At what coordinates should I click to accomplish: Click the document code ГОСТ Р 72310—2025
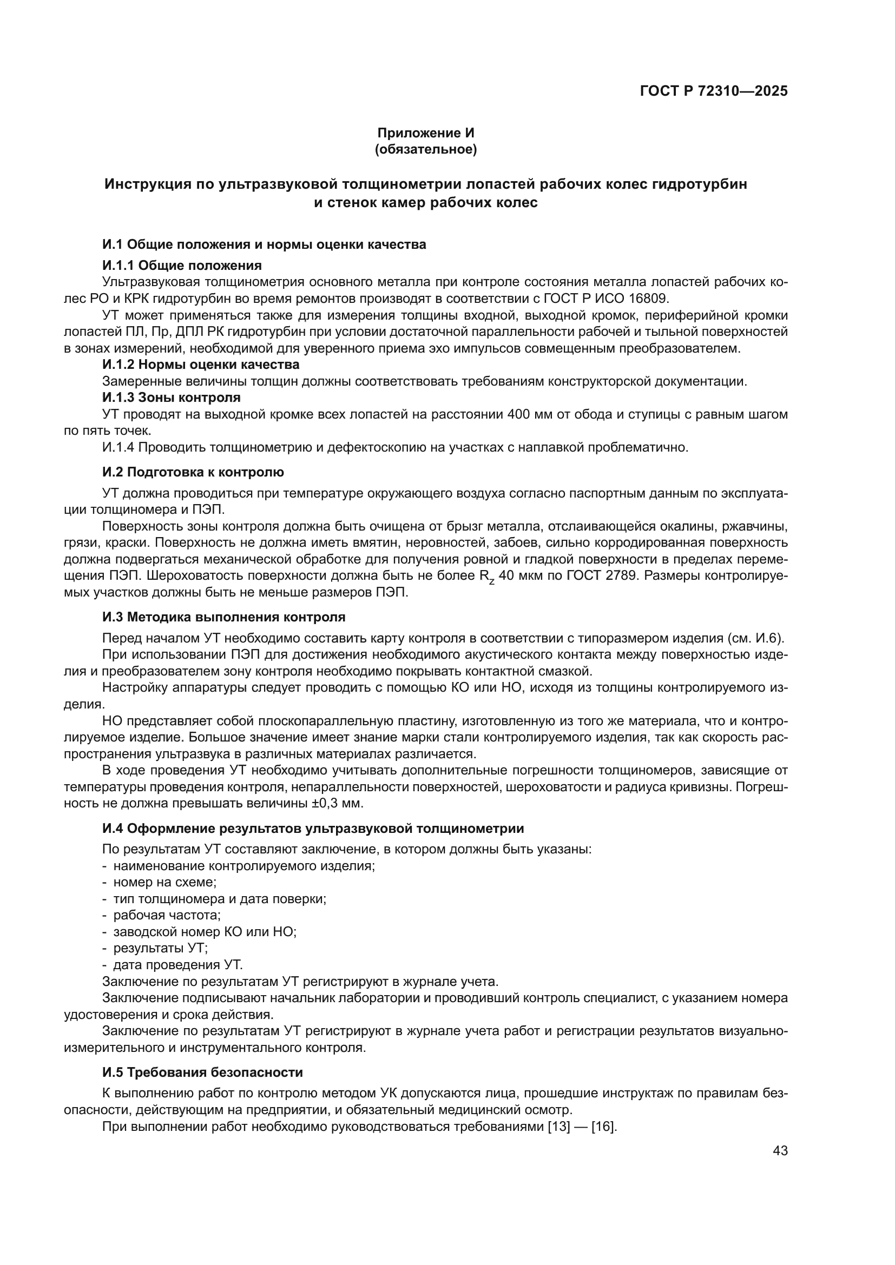point(714,91)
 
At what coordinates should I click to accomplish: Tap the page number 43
point(780,1150)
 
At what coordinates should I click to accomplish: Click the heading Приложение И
point(425,133)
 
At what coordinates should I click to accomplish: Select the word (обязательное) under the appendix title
point(425,149)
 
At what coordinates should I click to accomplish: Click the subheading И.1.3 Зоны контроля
point(172,398)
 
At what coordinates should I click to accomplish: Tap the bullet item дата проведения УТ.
point(177,965)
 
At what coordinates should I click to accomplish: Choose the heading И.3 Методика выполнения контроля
point(224,617)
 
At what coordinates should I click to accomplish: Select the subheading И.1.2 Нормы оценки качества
point(201,365)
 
